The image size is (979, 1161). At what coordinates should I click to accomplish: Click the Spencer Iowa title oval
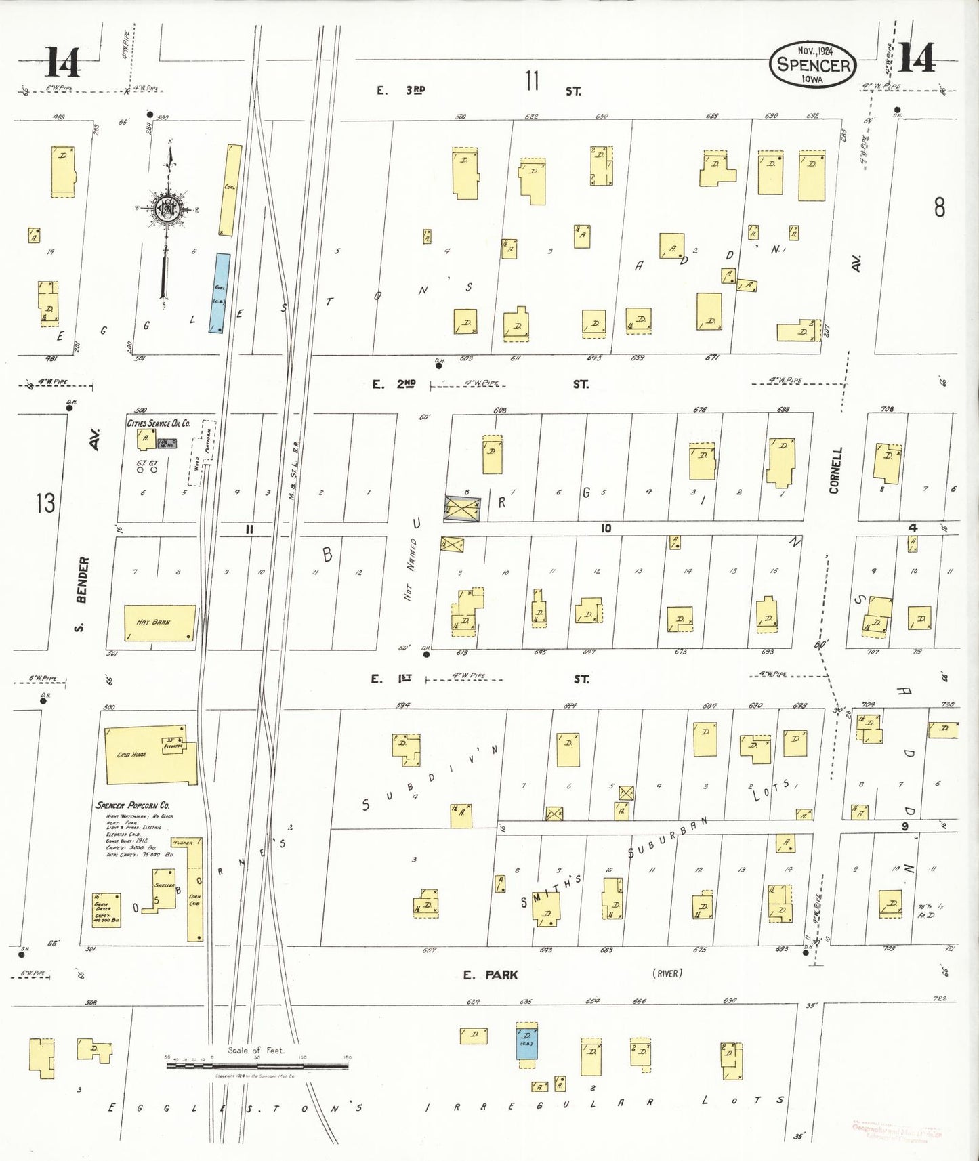(814, 65)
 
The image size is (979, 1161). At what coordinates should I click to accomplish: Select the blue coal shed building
(220, 293)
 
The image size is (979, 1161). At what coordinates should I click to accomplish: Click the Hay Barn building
(160, 622)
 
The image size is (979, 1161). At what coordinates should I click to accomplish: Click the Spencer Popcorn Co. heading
(132, 805)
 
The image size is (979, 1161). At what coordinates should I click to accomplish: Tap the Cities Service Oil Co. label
(159, 423)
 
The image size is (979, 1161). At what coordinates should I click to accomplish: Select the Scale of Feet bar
(257, 1065)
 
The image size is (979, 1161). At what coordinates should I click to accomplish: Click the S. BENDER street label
(81, 593)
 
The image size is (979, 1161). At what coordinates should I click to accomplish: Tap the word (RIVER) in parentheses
(667, 973)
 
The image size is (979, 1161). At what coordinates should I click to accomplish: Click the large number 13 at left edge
(45, 503)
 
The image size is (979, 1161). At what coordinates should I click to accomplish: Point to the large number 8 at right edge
(939, 207)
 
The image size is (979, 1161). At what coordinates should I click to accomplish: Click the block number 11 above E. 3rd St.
(532, 81)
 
